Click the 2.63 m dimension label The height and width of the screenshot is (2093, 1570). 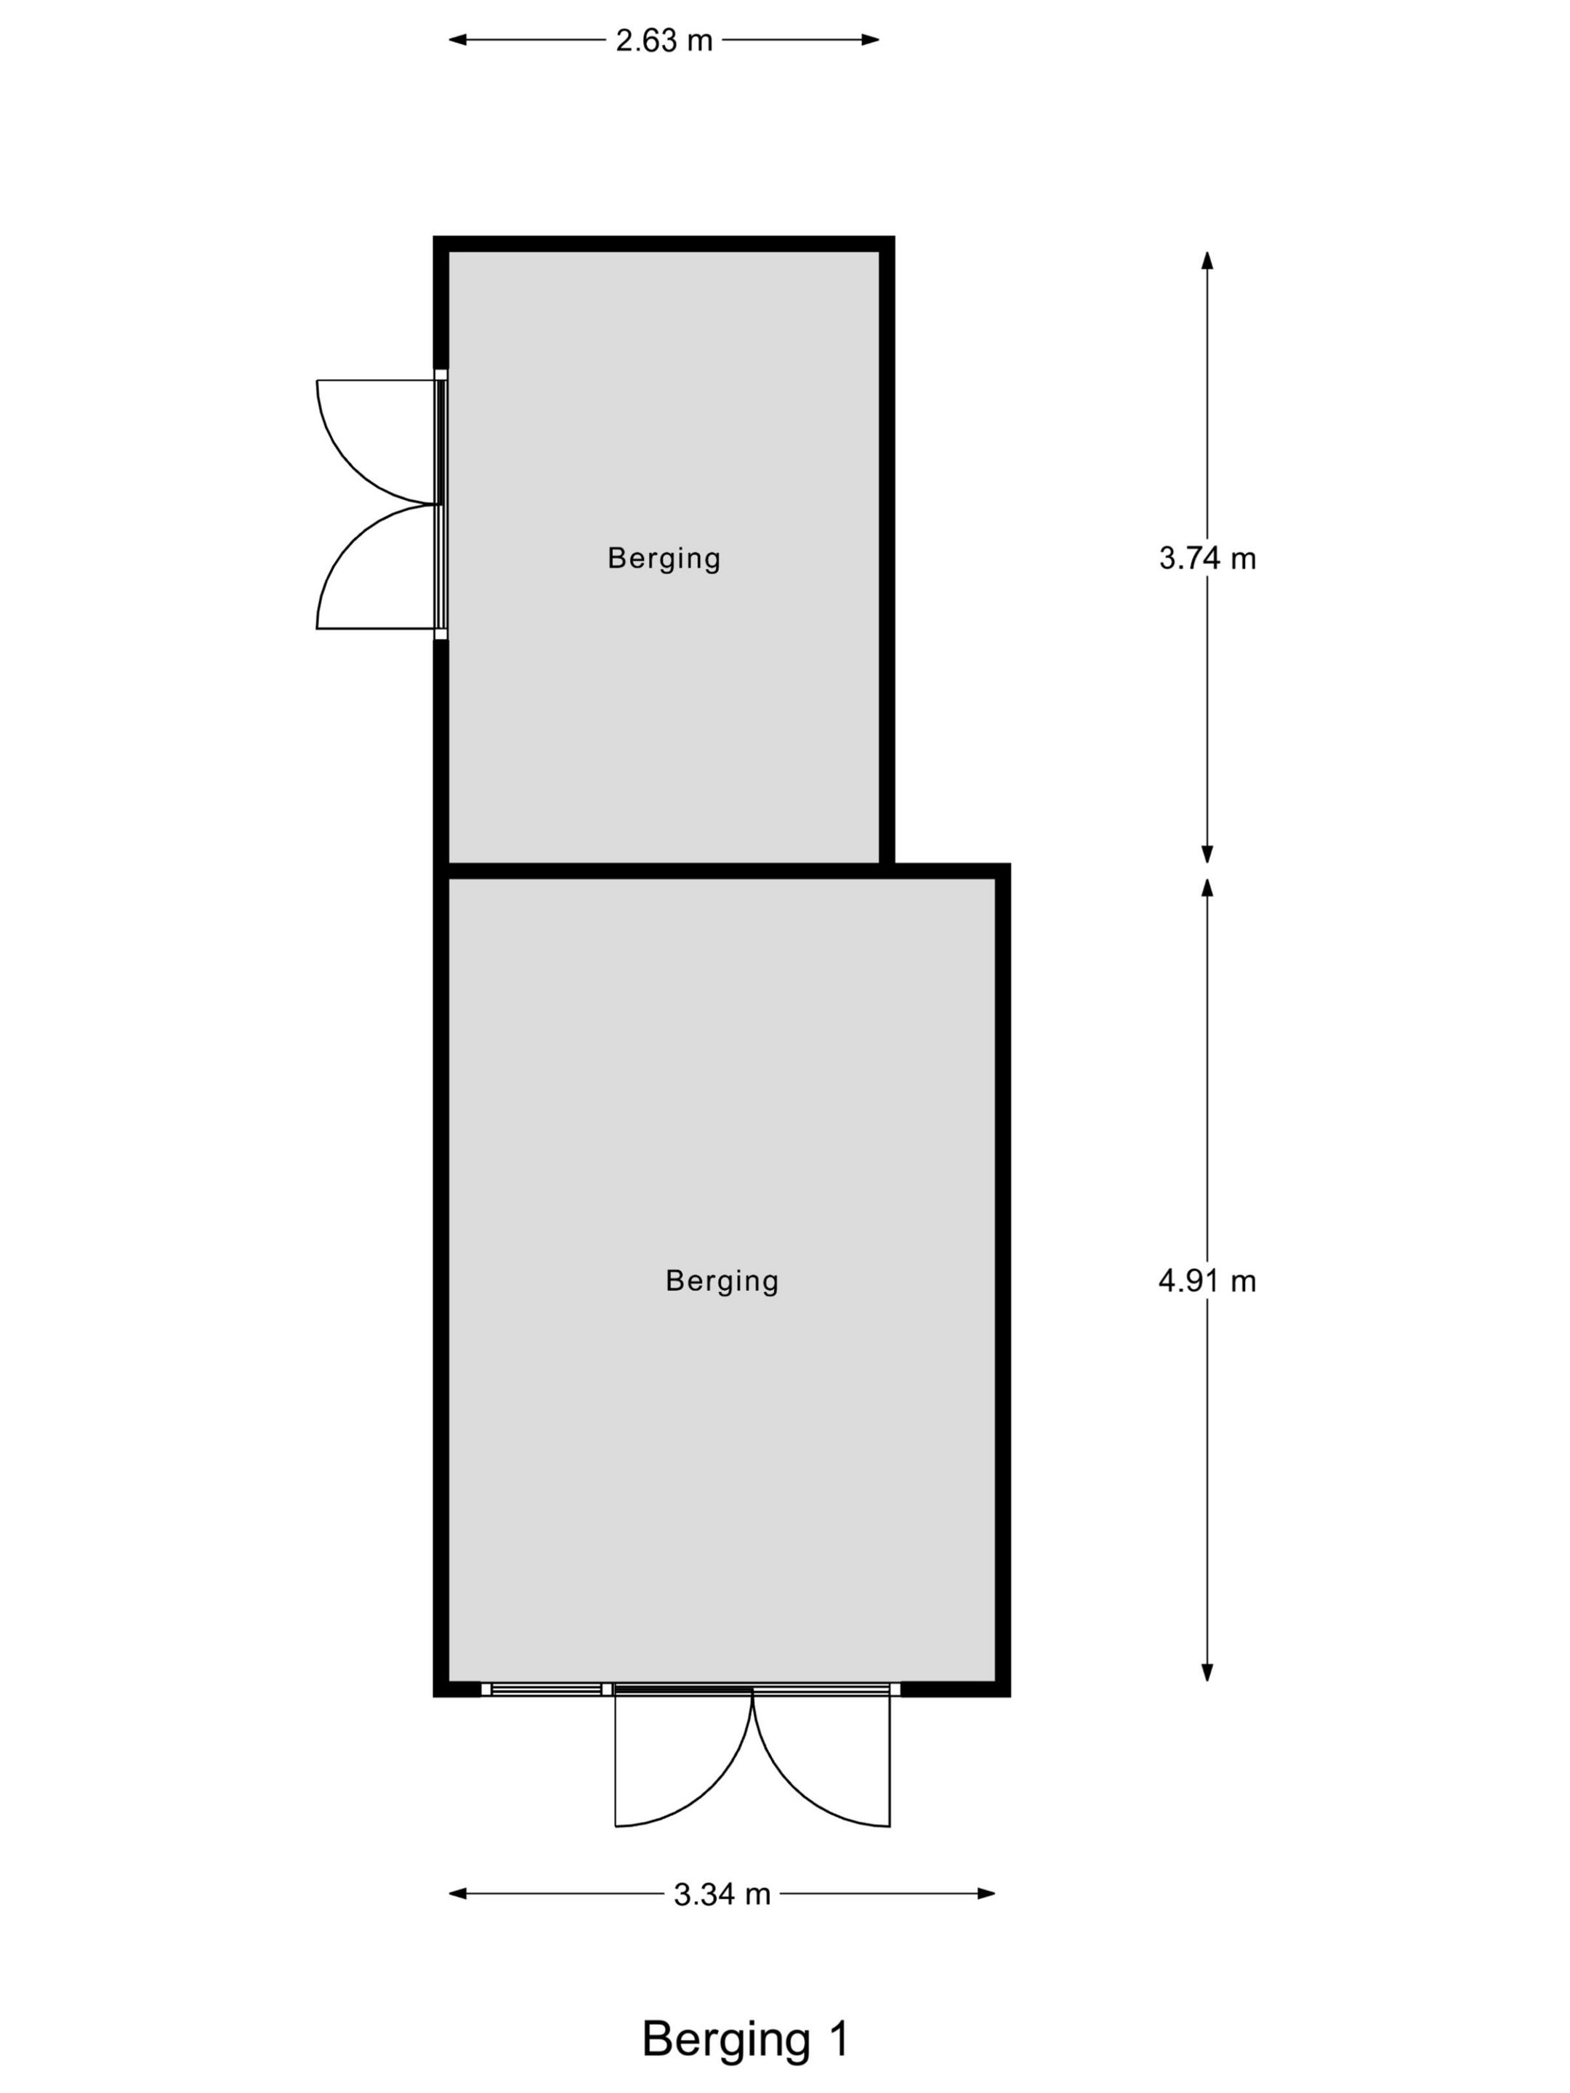pos(664,41)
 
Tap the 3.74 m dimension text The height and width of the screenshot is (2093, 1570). pos(1207,558)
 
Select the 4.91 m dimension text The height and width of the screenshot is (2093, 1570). pos(1207,1281)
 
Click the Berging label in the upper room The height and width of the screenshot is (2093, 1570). pos(664,558)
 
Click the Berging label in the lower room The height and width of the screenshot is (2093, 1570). pos(722,1281)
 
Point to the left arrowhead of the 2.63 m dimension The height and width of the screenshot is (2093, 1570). pos(458,40)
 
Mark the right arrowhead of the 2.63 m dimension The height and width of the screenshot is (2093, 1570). pos(870,40)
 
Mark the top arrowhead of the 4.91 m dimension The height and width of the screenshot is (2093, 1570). pos(1207,887)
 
